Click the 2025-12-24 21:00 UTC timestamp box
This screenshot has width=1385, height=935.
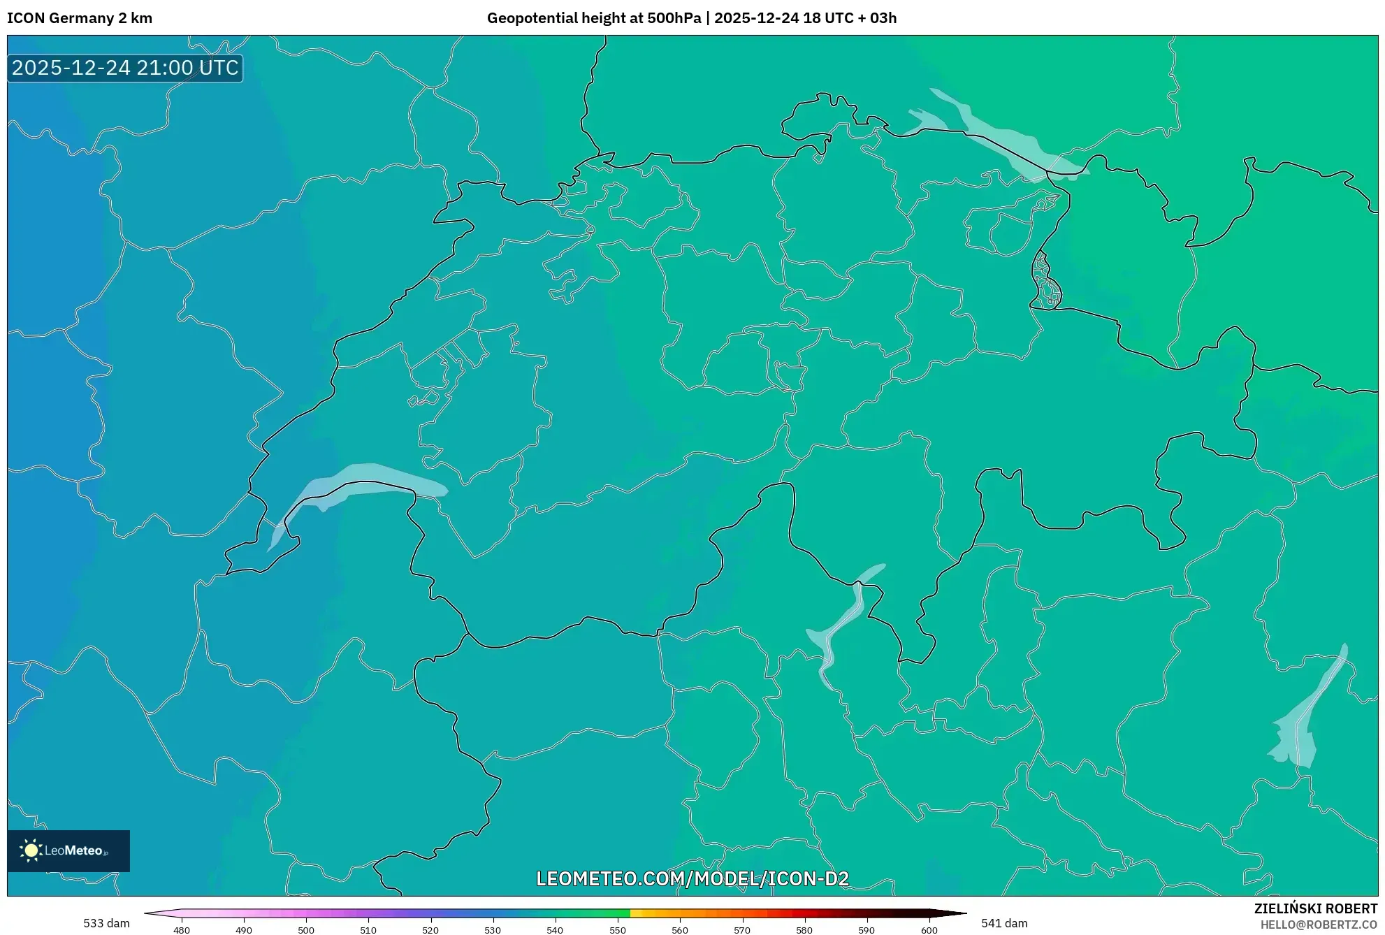coord(125,68)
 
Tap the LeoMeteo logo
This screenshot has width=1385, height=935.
coord(68,850)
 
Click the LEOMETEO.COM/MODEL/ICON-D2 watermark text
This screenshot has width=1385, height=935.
coord(692,878)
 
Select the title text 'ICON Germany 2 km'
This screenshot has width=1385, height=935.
coord(80,18)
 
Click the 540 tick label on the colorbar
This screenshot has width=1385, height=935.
coord(555,930)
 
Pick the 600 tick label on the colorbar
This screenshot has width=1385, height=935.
coord(929,930)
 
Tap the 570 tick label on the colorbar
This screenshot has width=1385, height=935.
coord(741,930)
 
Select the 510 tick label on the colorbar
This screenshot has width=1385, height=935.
coord(368,930)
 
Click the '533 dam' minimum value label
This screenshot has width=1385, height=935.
coord(106,923)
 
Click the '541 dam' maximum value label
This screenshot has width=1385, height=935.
coord(1004,923)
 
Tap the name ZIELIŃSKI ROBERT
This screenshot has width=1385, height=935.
coord(1315,908)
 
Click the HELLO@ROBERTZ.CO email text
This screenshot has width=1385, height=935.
coord(1319,925)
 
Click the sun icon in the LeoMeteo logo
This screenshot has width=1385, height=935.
coord(31,850)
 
